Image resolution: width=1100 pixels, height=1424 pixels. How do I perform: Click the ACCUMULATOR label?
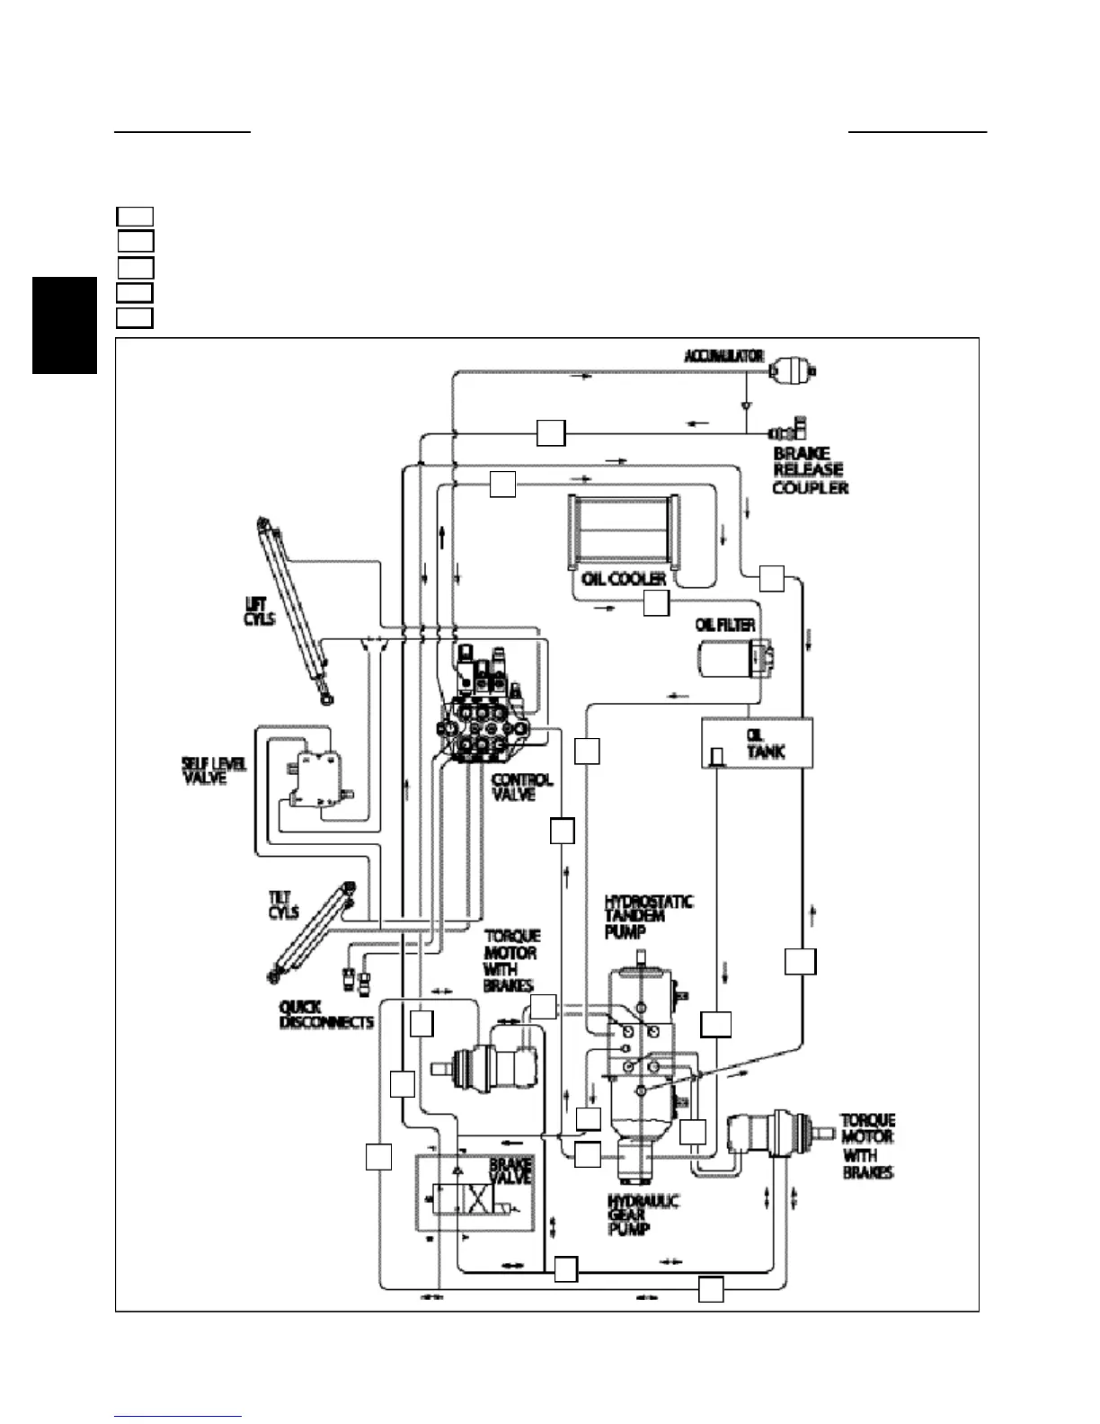click(x=724, y=356)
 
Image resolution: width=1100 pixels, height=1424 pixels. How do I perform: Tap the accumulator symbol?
click(x=793, y=368)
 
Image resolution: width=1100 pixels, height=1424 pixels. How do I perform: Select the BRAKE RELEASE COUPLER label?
click(x=809, y=470)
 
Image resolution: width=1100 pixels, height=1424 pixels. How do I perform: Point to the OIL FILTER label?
click(x=725, y=625)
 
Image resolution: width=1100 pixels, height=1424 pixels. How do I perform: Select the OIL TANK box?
click(x=757, y=743)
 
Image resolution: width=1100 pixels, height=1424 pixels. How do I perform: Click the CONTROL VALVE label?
click(x=522, y=788)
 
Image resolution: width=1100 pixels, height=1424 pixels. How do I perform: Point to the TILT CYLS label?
click(x=284, y=905)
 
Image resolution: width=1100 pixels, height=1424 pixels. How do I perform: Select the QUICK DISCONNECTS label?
click(x=326, y=1015)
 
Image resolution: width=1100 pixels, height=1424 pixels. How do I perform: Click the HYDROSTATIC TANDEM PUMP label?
click(x=648, y=916)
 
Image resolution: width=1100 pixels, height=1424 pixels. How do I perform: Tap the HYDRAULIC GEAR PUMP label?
click(x=643, y=1215)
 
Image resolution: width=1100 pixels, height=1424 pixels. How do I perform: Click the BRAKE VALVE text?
click(x=510, y=1170)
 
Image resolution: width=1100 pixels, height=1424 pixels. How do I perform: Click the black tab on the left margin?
click(x=64, y=325)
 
